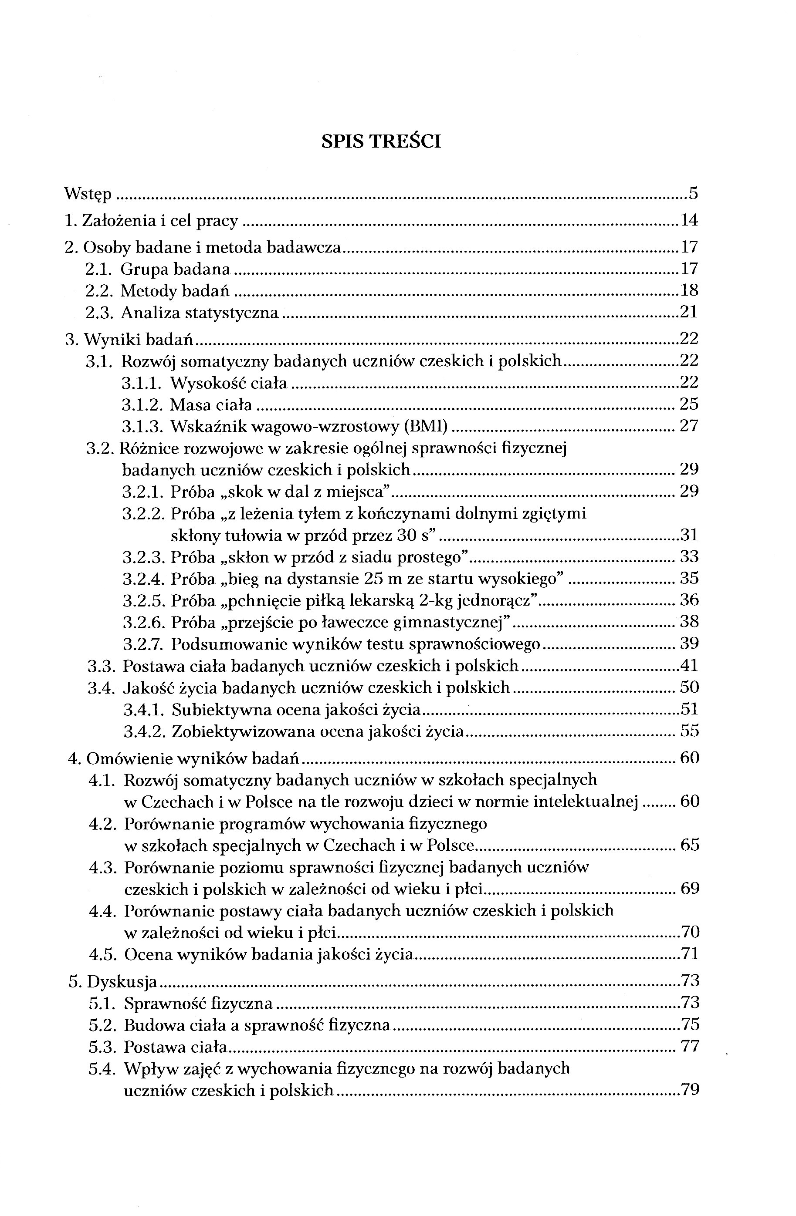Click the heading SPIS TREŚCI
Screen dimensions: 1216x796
click(381, 141)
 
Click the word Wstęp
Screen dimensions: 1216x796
click(88, 195)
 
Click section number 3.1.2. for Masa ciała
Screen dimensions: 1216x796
click(142, 404)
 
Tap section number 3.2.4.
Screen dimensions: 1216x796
click(142, 579)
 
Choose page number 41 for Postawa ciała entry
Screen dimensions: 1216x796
click(689, 665)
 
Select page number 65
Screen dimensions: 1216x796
click(690, 845)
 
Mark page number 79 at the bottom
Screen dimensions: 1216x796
click(690, 1090)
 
